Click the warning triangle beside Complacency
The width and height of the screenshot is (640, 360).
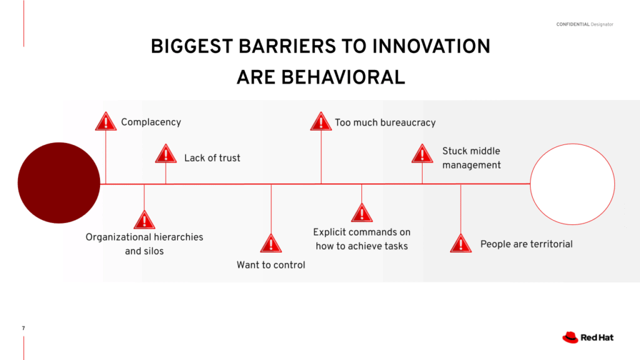(106, 122)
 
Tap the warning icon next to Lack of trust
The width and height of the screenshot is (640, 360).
(166, 154)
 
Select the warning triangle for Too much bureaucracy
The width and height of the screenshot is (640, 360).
(321, 122)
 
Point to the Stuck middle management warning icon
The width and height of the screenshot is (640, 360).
(422, 154)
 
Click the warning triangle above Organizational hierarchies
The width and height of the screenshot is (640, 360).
(144, 220)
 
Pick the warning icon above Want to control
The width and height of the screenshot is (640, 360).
(271, 244)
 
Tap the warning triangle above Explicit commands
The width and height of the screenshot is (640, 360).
(362, 212)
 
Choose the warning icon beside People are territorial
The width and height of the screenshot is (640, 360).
(461, 244)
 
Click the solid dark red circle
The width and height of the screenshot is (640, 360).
(59, 183)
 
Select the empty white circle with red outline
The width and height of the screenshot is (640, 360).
(572, 144)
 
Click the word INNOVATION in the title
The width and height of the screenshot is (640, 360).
(431, 46)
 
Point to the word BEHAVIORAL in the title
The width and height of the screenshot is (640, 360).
(343, 77)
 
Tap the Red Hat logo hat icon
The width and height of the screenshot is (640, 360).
(570, 337)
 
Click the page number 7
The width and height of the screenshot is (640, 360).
(23, 328)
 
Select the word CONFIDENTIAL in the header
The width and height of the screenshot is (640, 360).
(572, 24)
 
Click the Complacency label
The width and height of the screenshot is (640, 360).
(151, 122)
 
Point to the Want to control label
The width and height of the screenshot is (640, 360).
(271, 265)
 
